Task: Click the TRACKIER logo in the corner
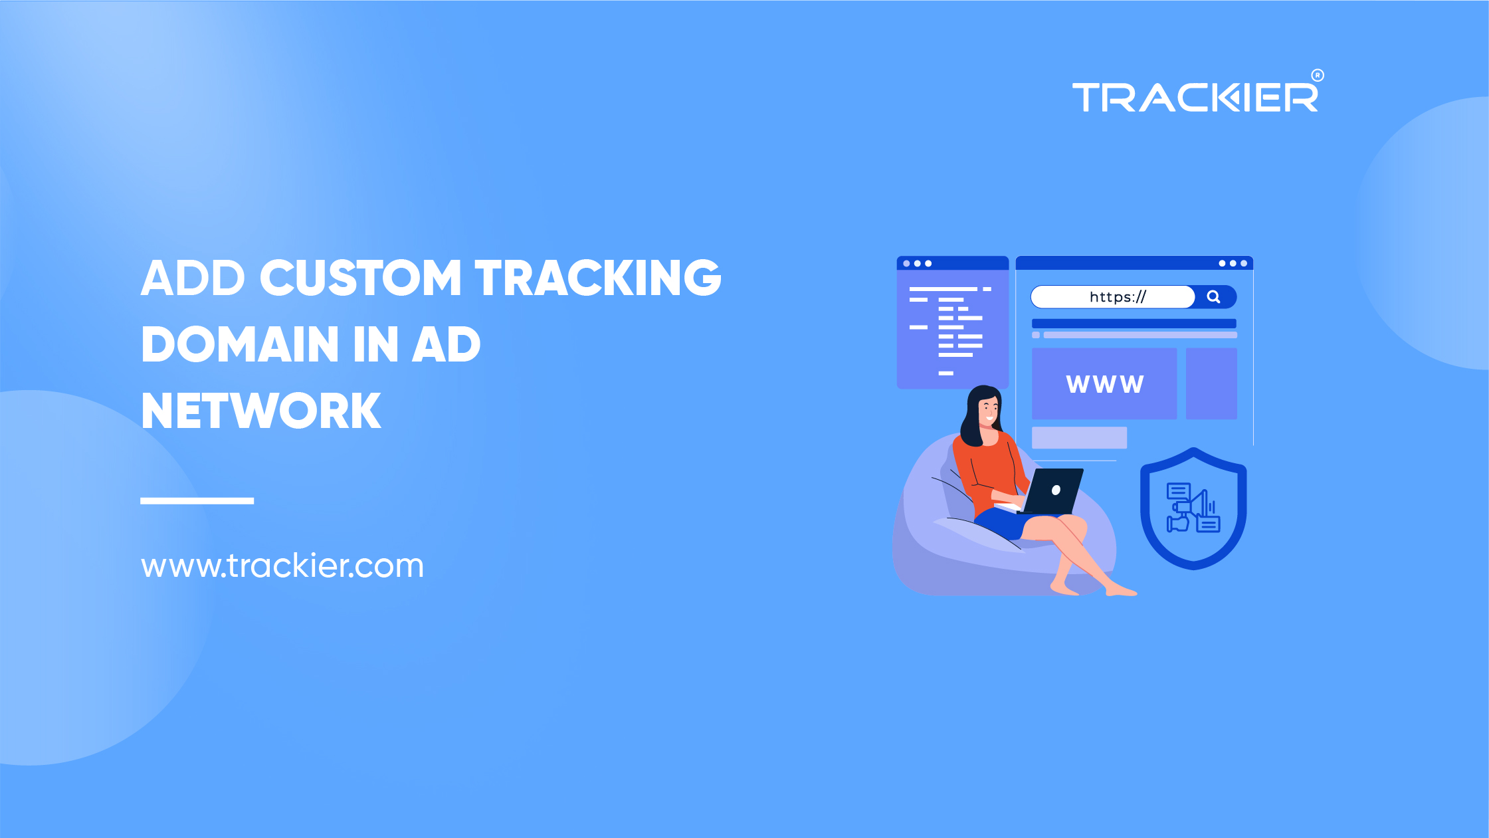pos(1195,98)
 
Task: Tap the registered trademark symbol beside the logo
pos(1318,75)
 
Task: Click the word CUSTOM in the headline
pos(360,278)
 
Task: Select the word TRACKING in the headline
pos(598,278)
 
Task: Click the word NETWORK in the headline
pos(261,411)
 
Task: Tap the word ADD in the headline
pos(193,278)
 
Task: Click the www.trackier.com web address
pos(282,566)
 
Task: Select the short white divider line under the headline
pos(197,500)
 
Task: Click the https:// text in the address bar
pos(1118,297)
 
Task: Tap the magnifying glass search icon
pos(1213,297)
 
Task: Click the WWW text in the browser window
pos(1105,384)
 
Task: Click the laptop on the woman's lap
pos(1052,492)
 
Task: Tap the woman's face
pos(989,409)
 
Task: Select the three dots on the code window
pos(917,264)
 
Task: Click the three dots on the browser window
pos(1233,264)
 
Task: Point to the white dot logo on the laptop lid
pos(1056,490)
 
